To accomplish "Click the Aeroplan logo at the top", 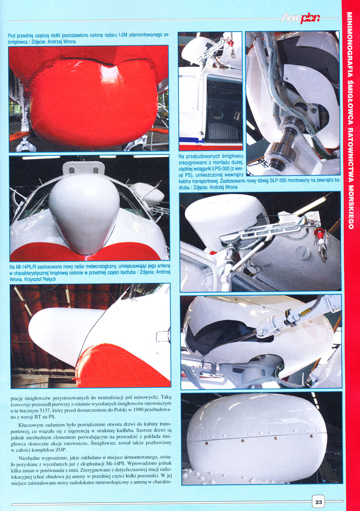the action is click(300, 18).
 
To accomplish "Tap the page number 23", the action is click(318, 502).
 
